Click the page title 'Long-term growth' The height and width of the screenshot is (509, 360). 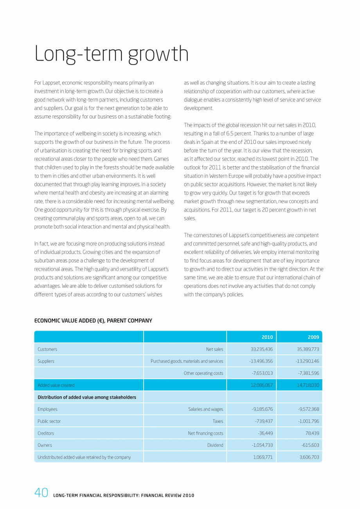click(x=112, y=54)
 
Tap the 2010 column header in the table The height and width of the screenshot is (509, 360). click(x=267, y=337)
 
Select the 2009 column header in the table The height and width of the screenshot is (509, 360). click(x=313, y=337)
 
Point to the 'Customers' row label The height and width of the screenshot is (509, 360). click(x=47, y=349)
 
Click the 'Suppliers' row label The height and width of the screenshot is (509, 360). click(x=46, y=361)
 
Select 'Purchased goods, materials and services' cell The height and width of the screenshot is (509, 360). click(x=187, y=361)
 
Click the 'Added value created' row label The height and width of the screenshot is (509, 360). click(x=56, y=385)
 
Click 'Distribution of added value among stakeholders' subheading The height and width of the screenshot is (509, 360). click(x=87, y=397)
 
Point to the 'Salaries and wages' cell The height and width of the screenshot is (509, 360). click(x=205, y=409)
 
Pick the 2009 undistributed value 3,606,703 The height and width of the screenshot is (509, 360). click(x=308, y=457)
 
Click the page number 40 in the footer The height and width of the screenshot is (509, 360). click(x=41, y=492)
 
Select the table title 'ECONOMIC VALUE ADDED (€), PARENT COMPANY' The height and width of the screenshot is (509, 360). click(x=93, y=321)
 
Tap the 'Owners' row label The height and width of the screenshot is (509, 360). click(x=45, y=445)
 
